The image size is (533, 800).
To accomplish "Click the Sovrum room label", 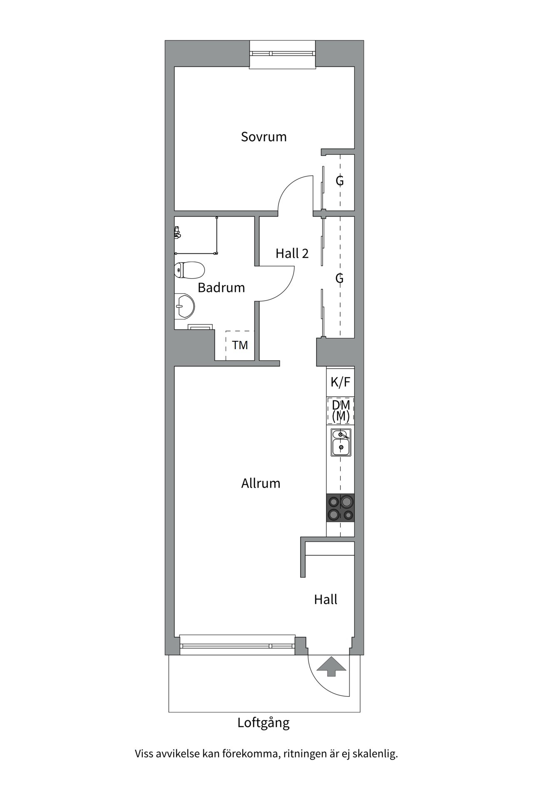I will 264,137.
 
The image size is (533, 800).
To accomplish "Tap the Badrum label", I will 221,287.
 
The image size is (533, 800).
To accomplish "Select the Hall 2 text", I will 292,253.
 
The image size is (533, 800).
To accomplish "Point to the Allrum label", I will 261,483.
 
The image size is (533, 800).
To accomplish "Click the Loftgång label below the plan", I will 263,722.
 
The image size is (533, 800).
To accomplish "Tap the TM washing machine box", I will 240,345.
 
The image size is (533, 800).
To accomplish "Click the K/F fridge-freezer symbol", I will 340,382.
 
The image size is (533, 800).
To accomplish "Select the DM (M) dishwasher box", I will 341,410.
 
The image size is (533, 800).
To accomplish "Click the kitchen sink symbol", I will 341,442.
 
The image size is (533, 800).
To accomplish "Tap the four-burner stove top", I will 341,507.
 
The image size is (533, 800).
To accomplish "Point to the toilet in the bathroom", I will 189,270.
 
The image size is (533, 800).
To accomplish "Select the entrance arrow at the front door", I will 331,666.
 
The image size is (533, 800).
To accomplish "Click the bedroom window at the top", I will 282,53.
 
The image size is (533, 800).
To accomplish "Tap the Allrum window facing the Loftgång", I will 237,646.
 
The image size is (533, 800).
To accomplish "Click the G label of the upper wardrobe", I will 340,181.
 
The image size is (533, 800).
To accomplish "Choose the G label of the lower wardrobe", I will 340,278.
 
